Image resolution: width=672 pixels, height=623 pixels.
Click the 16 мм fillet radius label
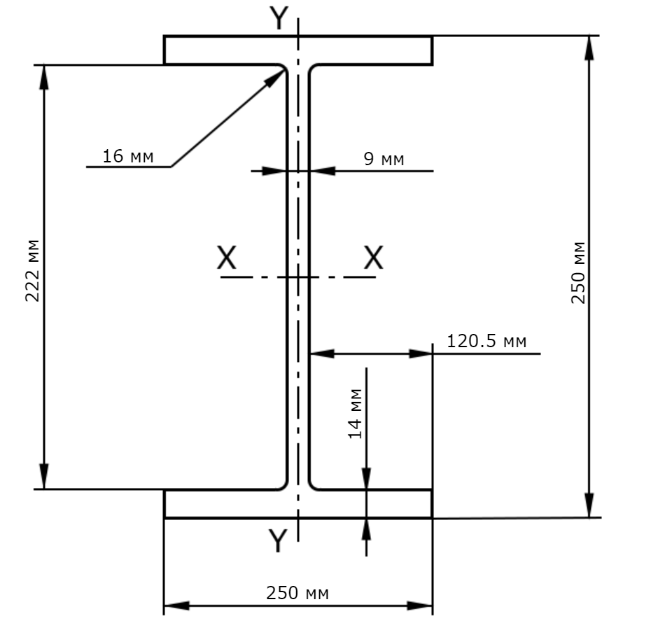127,156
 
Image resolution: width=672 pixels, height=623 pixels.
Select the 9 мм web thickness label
384,159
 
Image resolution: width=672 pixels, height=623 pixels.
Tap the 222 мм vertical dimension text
32,271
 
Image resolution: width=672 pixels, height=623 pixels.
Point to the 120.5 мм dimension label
486,342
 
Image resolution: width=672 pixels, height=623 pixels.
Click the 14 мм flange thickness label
356,414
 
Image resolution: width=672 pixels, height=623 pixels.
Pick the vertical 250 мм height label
578,273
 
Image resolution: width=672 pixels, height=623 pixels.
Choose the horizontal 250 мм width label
297,593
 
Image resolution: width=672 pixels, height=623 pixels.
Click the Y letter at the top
279,18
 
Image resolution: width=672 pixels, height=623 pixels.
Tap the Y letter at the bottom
278,540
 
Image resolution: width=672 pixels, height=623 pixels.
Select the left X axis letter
227,257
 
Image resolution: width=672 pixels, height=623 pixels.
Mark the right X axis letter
373,257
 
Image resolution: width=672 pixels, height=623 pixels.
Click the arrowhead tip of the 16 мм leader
285,70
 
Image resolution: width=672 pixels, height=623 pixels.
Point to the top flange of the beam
298,50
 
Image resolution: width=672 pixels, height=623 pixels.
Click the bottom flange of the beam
298,504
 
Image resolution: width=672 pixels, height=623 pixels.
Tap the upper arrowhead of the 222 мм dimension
43,78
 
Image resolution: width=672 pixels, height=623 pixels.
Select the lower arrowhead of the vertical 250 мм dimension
589,505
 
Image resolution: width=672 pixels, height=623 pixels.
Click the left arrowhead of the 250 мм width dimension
176,606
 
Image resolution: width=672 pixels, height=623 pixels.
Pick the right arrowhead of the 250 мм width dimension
420,606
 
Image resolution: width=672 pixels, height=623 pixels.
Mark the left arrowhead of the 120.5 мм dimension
322,353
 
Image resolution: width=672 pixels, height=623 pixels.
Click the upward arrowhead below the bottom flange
366,532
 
